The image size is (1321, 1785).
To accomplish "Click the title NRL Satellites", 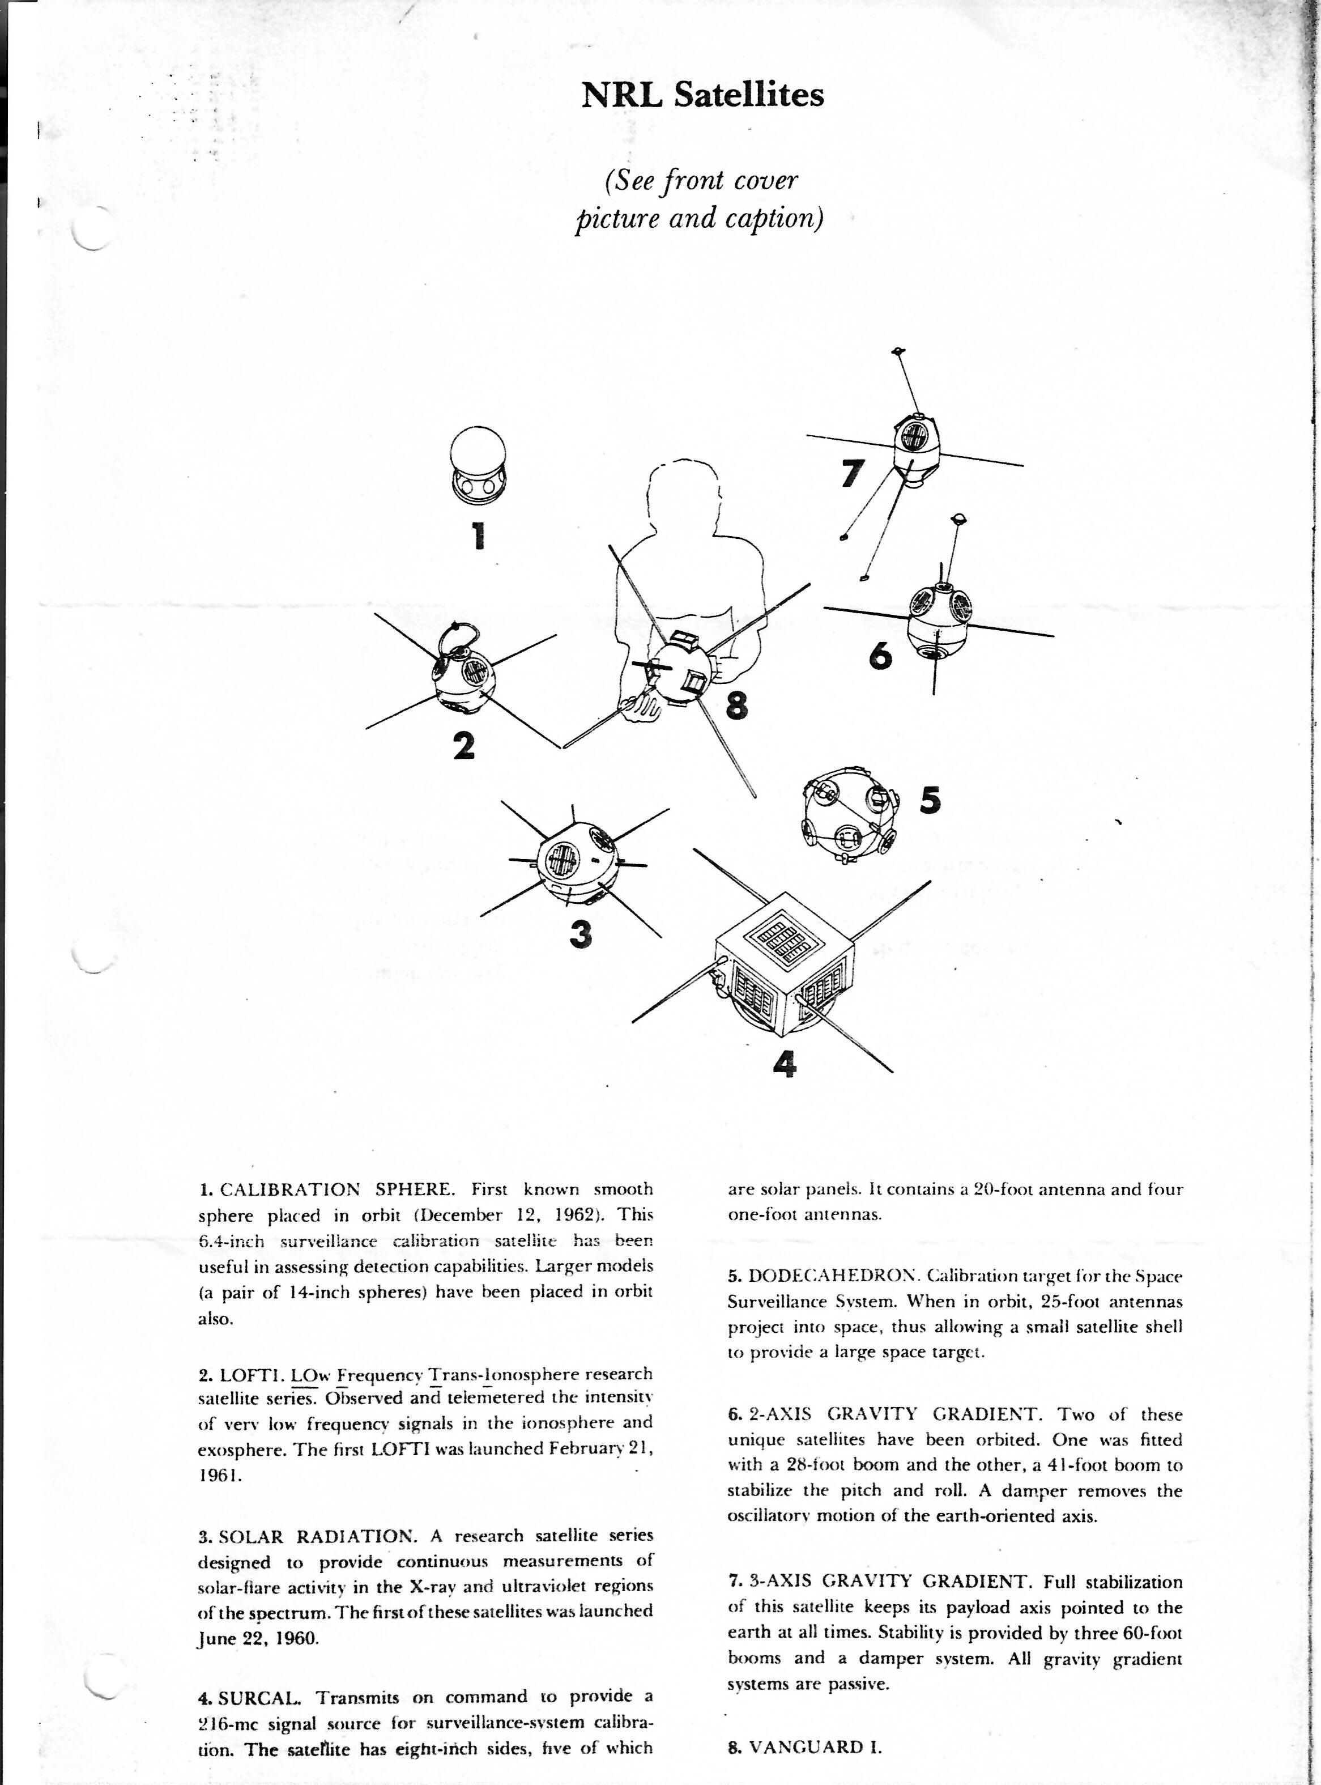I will (x=702, y=95).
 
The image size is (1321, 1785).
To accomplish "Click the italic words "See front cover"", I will (x=701, y=181).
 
